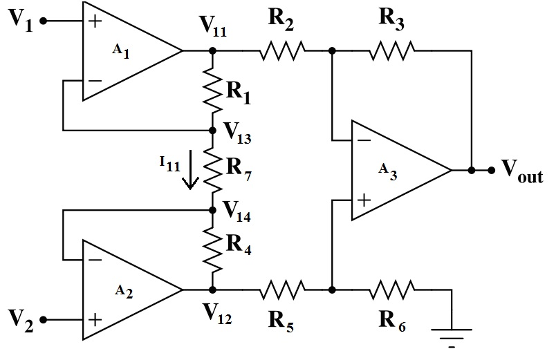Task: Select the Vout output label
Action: coord(522,172)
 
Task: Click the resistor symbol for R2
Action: coord(282,50)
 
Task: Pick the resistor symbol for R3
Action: coord(392,50)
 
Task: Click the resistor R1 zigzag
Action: coord(212,90)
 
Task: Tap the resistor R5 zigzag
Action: coord(282,289)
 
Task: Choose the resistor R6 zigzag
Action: coord(392,289)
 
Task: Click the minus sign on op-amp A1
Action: coord(95,80)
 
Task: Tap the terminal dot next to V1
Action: coord(43,21)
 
